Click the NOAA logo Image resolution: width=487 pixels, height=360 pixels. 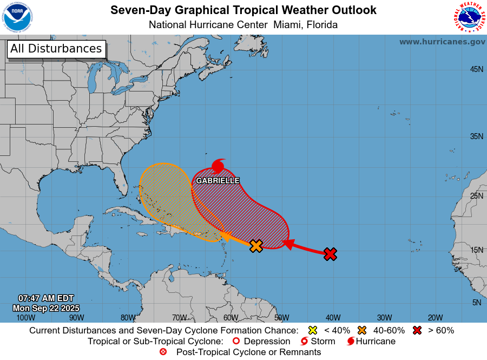(x=18, y=17)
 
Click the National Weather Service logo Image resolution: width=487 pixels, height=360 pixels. (x=469, y=17)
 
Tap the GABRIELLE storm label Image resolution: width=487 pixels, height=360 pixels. (x=218, y=180)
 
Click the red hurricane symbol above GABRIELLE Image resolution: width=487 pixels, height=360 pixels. (x=218, y=166)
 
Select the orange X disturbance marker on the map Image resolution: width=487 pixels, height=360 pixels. (x=256, y=246)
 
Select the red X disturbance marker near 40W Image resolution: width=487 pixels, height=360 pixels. (x=330, y=253)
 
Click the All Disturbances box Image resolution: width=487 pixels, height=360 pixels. (x=56, y=49)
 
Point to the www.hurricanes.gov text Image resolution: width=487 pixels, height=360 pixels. (x=442, y=42)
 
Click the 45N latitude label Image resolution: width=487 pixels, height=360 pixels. (x=476, y=69)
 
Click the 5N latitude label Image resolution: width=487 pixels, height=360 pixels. (x=476, y=303)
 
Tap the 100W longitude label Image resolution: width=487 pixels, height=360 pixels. (x=25, y=318)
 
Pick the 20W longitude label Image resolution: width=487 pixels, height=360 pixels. (x=435, y=318)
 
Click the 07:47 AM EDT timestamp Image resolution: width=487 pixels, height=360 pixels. (x=45, y=298)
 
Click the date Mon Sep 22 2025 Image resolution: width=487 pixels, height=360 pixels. (x=50, y=308)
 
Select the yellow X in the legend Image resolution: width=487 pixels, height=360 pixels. (x=312, y=330)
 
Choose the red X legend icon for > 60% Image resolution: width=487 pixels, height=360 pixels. (x=417, y=330)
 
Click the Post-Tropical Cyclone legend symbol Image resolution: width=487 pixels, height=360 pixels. (x=163, y=352)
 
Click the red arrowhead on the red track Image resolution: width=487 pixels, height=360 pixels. (x=288, y=245)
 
